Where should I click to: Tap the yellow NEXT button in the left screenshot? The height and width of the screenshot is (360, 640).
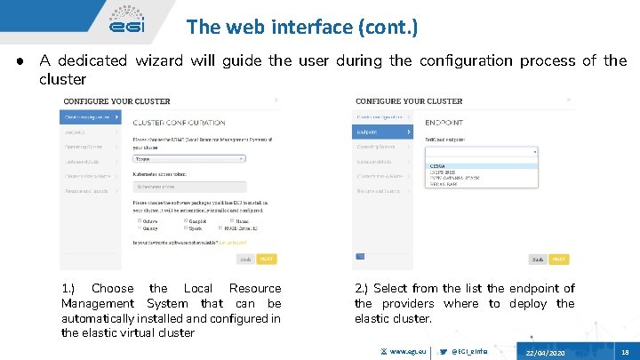(267, 259)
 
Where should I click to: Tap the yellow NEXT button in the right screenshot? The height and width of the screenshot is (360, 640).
(558, 259)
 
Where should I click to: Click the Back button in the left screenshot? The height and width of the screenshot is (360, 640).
(244, 259)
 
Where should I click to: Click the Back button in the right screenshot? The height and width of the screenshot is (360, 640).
(537, 259)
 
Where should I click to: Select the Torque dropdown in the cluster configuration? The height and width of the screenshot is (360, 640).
(189, 158)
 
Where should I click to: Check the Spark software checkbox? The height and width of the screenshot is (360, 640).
(185, 228)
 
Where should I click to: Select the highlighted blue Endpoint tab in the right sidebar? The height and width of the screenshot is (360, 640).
(383, 132)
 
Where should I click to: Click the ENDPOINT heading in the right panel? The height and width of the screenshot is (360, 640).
(444, 122)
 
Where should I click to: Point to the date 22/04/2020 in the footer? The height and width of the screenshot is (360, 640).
(545, 353)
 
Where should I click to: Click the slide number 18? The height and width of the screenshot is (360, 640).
(625, 353)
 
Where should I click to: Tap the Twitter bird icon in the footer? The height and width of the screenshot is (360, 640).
(443, 352)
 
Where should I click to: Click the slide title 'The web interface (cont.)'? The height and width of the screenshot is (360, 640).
(301, 27)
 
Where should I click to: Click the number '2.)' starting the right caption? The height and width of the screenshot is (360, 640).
(362, 288)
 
